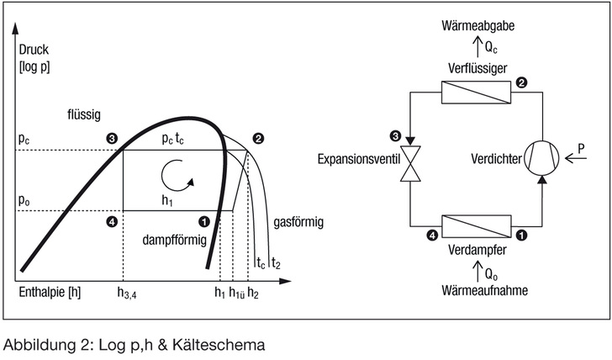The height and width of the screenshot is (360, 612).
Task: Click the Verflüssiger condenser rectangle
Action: pyautogui.click(x=475, y=93)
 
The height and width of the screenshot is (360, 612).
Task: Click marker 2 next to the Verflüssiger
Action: pyautogui.click(x=522, y=82)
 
